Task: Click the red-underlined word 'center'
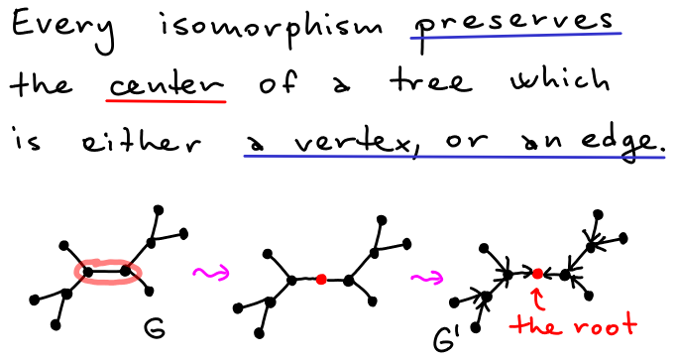166,86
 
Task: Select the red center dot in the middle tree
320,281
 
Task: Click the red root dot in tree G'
537,273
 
